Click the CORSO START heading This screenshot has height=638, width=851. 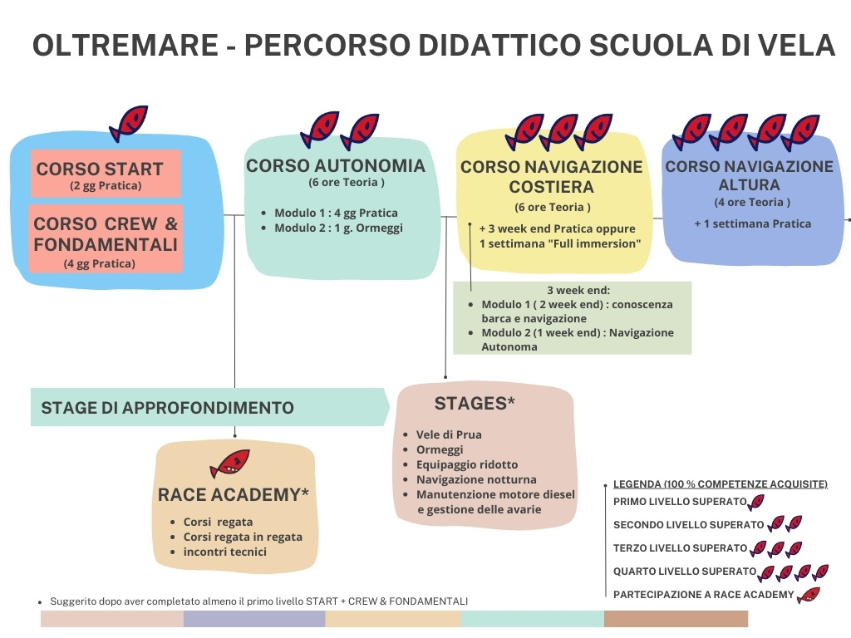100,169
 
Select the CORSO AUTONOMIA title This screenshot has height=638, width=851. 336,165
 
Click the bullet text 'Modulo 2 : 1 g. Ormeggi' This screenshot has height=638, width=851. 339,228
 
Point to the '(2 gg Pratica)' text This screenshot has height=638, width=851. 106,185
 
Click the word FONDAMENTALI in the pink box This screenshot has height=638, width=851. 106,245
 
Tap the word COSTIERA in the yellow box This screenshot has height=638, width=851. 552,187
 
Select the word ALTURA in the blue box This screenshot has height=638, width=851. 749,185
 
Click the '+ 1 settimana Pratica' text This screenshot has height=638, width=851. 753,223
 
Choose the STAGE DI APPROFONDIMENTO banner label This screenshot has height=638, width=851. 168,407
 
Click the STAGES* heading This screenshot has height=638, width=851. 475,403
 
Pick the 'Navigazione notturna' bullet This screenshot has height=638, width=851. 476,479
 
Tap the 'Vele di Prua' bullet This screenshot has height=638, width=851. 449,434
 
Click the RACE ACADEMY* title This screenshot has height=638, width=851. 234,495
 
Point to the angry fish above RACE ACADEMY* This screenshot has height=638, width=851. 230,464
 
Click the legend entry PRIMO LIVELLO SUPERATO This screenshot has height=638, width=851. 680,502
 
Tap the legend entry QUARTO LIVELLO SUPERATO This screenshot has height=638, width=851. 685,572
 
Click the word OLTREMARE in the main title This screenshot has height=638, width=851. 125,45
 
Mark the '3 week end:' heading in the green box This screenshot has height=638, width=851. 578,290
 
